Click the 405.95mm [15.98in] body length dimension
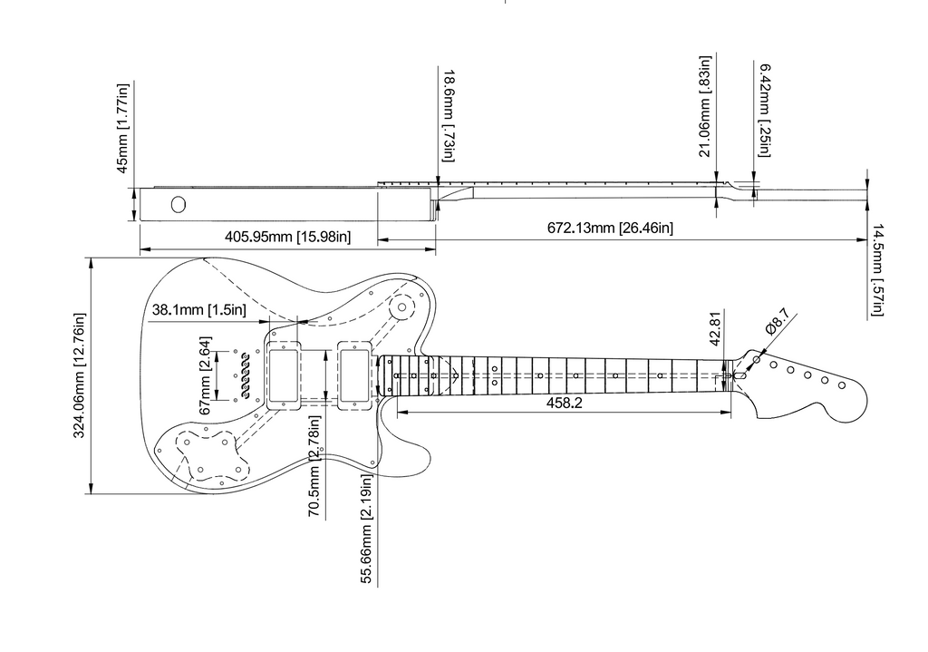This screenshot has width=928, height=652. point(287,237)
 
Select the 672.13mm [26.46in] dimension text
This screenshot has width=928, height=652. point(610,228)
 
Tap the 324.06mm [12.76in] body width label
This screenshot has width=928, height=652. point(80,375)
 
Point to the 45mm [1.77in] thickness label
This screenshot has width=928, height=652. point(122,128)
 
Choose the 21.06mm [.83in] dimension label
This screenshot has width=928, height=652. point(704,107)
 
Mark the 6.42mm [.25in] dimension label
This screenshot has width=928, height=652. point(765,110)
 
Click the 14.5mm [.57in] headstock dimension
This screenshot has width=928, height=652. point(877,269)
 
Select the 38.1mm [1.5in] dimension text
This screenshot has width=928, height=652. point(198,310)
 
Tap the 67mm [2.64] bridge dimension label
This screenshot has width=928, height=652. point(205,375)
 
